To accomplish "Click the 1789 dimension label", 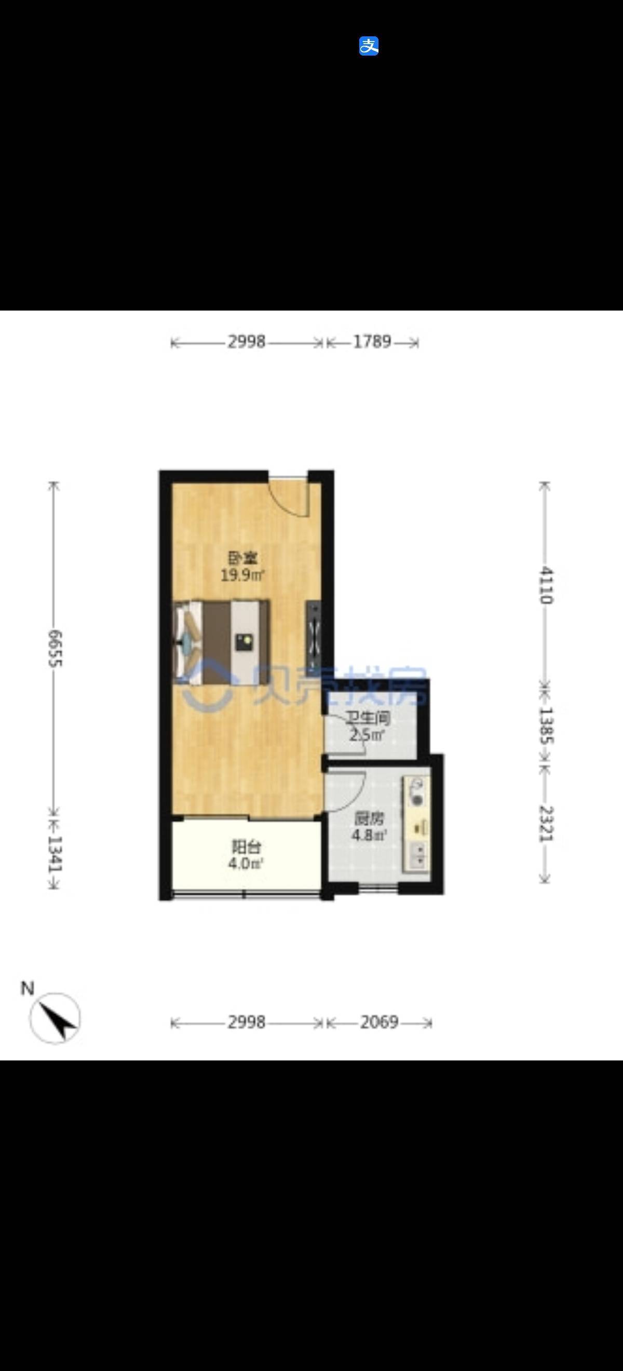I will (372, 342).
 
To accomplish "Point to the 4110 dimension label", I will (546, 585).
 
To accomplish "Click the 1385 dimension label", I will (546, 725).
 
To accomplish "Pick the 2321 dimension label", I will (546, 823).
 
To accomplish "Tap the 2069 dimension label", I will (379, 1022).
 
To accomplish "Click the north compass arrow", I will (56, 1018).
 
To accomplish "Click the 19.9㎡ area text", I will (242, 575).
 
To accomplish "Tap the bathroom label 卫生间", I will (368, 719).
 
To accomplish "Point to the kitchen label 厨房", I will (368, 818).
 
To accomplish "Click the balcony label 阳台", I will (246, 846).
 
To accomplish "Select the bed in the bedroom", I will (222, 642).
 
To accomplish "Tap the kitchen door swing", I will (346, 790).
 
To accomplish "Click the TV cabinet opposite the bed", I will (314, 636).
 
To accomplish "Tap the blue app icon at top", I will (369, 46).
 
